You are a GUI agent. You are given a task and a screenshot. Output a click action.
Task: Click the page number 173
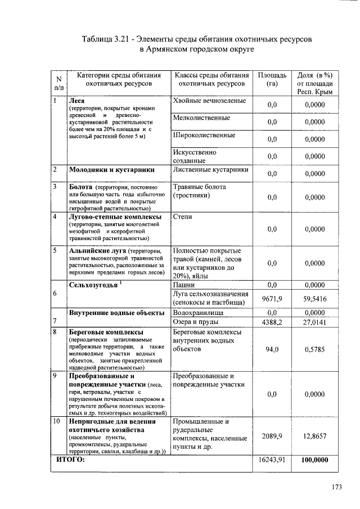point(336,487)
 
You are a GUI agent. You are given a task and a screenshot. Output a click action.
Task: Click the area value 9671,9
point(272,299)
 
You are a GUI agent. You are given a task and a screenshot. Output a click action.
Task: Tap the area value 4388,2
point(272,322)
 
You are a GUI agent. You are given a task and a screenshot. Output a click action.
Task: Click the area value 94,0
point(272,349)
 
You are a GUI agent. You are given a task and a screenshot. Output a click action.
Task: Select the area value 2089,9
point(272,436)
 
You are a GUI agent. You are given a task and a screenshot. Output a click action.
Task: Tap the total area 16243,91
point(272,460)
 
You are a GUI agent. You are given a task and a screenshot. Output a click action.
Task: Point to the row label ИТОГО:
point(70,460)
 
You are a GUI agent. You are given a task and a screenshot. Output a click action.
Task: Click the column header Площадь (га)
point(272,79)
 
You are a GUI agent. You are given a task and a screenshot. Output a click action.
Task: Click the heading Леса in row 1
point(76,101)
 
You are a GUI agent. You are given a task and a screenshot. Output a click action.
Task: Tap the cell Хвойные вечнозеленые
point(209,101)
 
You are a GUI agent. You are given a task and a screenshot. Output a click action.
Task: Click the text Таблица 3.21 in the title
point(105,39)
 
